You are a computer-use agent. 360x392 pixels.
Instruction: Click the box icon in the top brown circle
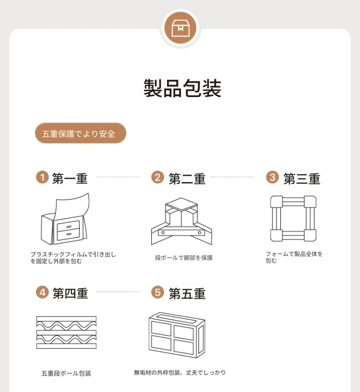point(180,28)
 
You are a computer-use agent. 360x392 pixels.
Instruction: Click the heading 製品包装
point(182,88)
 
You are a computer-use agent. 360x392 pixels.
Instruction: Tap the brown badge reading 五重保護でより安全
point(81,133)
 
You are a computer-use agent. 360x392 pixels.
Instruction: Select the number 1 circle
point(42,177)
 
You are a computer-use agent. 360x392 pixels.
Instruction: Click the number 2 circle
point(157,177)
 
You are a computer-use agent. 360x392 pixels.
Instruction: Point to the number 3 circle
point(272,177)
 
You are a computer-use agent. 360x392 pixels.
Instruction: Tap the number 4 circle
point(42,292)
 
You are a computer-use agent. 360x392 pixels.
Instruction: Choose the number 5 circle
point(157,292)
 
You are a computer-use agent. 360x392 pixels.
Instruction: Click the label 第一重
point(70,179)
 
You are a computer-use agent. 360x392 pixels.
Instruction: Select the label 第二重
point(187,179)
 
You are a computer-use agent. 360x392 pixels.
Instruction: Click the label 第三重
point(302,179)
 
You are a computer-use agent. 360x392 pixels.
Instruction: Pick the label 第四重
point(70,293)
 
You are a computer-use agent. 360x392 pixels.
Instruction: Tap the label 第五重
point(187,293)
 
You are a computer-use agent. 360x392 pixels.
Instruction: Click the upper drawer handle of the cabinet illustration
point(69,227)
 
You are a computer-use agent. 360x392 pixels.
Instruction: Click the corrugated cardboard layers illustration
point(66,332)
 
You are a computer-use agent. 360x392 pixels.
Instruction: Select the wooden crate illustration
point(177,335)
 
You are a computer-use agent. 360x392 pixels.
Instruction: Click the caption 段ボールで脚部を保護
point(184,258)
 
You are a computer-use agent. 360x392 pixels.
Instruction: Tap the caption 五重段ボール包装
point(66,373)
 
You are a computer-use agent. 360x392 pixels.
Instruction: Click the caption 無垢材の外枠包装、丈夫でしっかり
point(180,373)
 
